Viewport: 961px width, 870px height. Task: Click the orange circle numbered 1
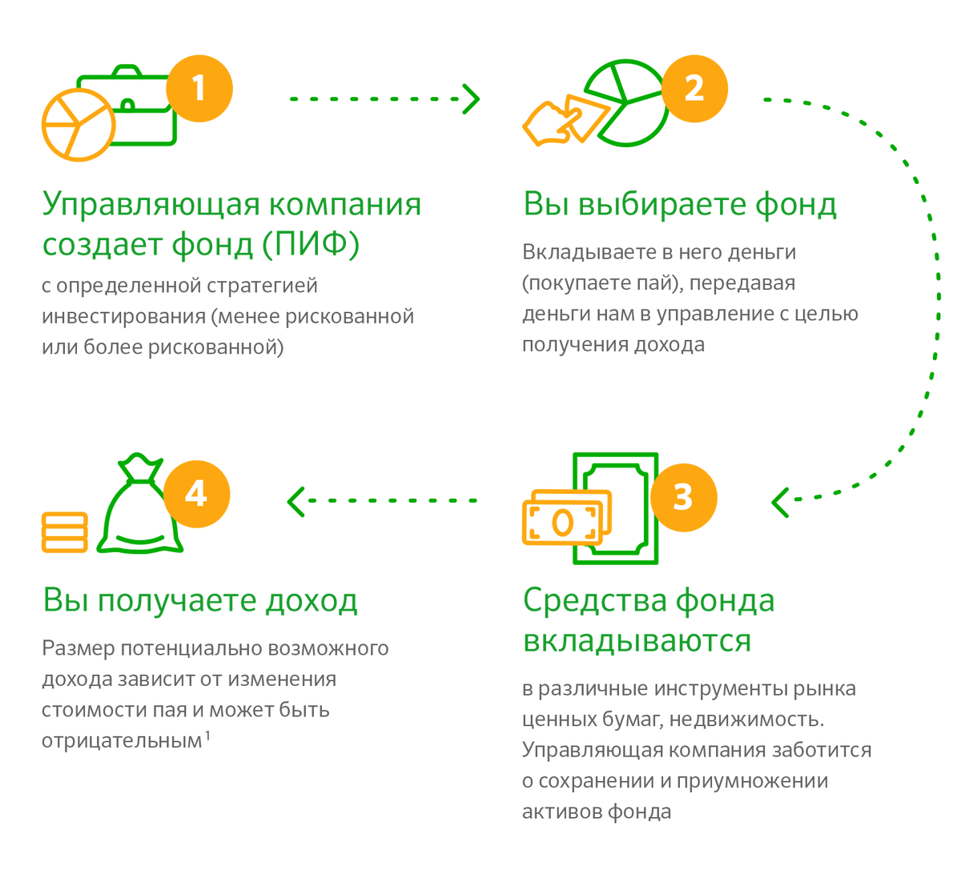coord(199,88)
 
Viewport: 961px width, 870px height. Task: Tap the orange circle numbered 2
coord(694,88)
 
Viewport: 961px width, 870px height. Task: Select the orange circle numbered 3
coord(683,496)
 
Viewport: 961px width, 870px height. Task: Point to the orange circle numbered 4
coord(196,493)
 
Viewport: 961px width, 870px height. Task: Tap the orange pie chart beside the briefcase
coord(78,125)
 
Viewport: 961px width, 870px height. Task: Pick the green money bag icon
coord(140,508)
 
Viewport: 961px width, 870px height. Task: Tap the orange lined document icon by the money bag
coord(65,531)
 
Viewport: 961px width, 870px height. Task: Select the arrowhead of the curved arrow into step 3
coord(779,502)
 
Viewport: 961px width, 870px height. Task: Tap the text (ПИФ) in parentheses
coord(311,246)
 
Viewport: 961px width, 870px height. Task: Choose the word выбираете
coord(664,205)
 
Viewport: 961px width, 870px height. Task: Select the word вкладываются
coord(637,641)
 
